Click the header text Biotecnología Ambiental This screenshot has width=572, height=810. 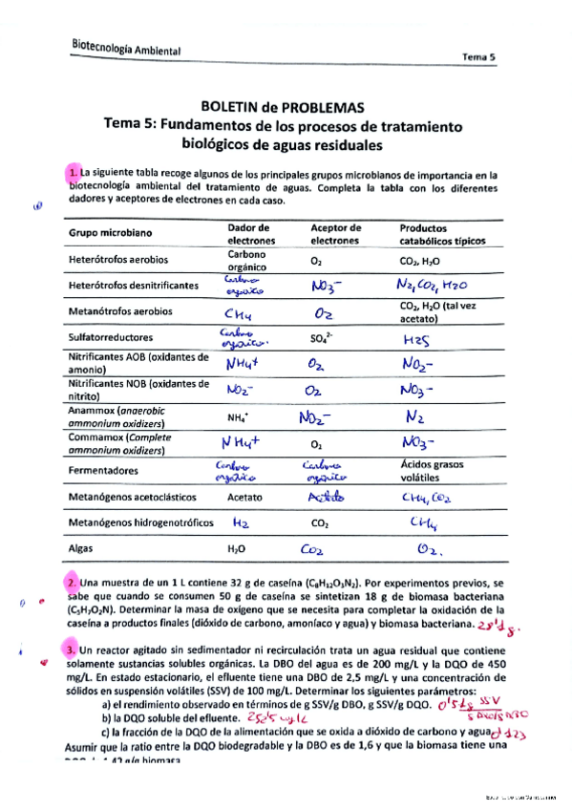click(127, 49)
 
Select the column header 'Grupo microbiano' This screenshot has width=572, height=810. click(113, 234)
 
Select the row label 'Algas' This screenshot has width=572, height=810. click(83, 550)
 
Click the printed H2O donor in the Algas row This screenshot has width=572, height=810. click(238, 550)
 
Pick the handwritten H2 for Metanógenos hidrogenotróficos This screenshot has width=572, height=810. click(241, 522)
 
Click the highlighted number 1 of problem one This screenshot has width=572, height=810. click(74, 172)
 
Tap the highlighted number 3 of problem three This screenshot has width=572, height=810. click(72, 650)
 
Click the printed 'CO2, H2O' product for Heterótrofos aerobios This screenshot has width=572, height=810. click(420, 260)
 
